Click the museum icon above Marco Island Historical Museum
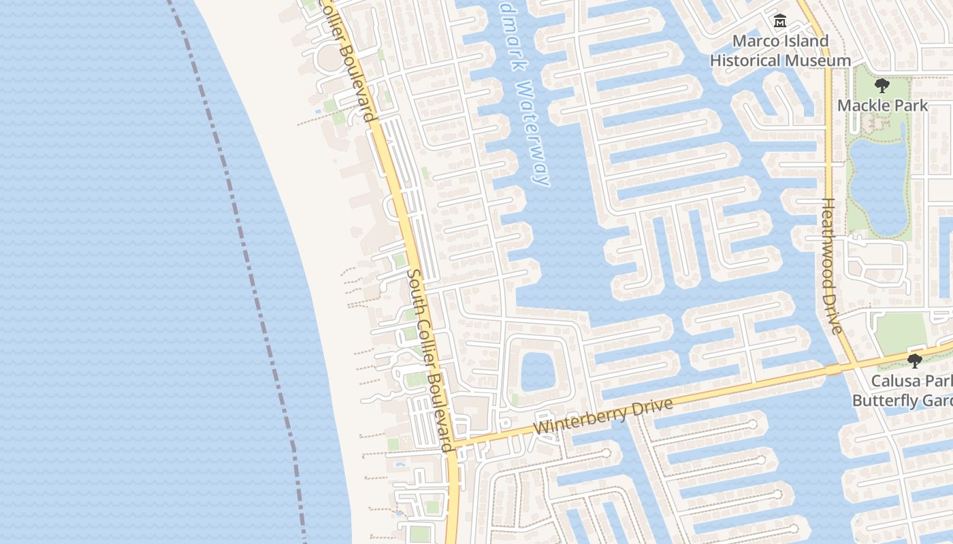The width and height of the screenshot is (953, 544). point(780,22)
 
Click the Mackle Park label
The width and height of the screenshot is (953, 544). point(882,105)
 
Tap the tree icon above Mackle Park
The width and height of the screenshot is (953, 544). point(882,86)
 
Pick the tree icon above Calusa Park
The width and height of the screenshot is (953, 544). point(915,360)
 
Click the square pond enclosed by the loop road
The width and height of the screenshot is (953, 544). point(539,373)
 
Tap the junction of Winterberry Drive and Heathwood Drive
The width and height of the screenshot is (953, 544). point(854,364)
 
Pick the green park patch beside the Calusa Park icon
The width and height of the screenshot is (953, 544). point(900,331)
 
